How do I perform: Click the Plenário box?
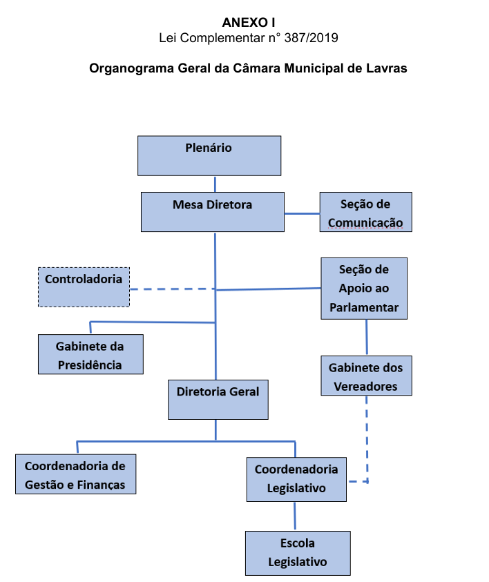click(209, 155)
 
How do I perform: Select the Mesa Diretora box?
click(212, 212)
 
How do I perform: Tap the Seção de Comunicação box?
click(365, 212)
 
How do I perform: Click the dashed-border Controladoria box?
click(84, 287)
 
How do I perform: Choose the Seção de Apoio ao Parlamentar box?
click(364, 288)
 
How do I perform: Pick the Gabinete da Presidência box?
click(90, 354)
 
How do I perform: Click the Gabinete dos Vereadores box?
click(366, 376)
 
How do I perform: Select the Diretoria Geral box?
click(218, 399)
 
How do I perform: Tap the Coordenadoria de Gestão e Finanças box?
click(75, 474)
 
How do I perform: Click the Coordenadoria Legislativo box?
click(296, 478)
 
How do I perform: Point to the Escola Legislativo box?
click(298, 552)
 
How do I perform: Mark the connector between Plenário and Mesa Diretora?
click(215, 184)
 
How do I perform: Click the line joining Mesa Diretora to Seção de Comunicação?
click(302, 213)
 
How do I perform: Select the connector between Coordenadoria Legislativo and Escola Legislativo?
click(296, 516)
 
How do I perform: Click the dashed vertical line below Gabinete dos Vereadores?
click(367, 435)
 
